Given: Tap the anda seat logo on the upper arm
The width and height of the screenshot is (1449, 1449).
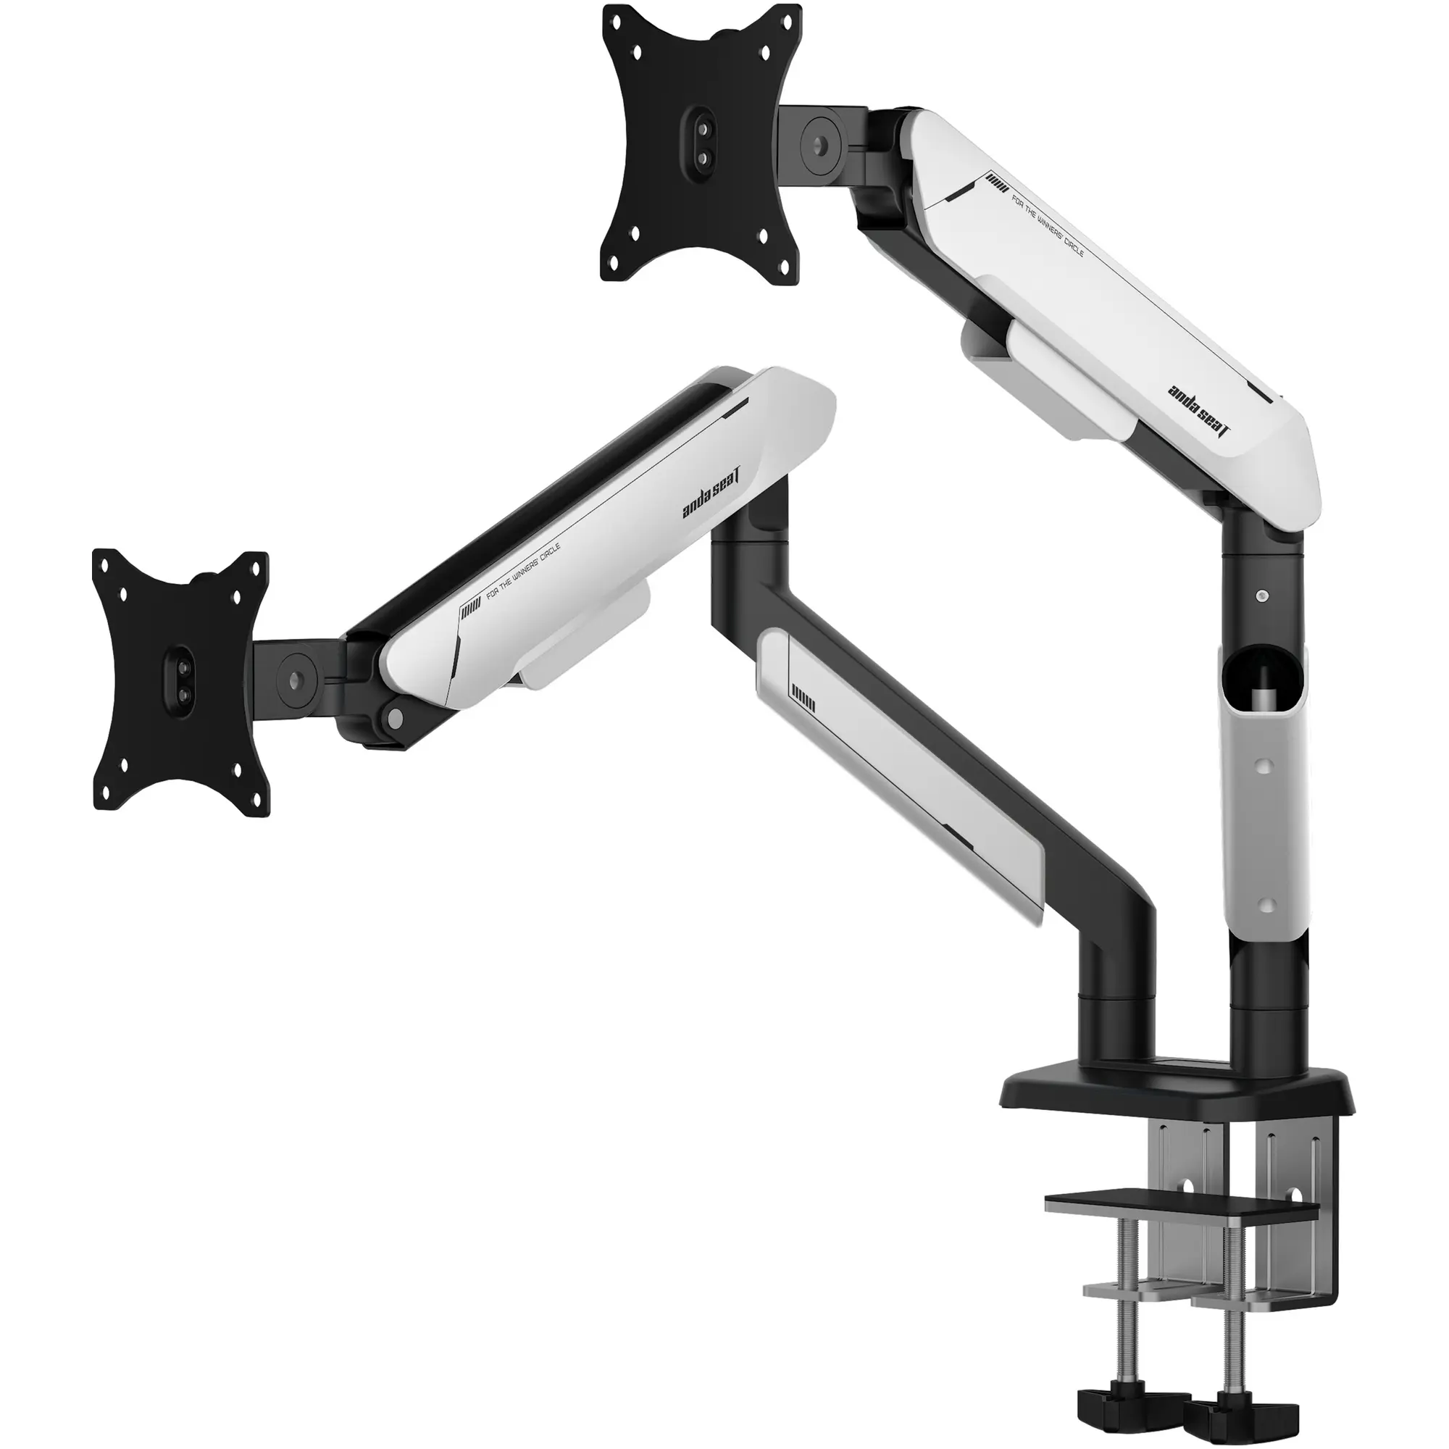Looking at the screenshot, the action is [1200, 412].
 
